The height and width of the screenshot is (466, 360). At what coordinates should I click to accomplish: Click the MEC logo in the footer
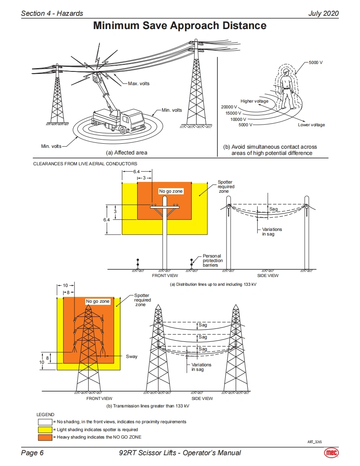[x=331, y=453]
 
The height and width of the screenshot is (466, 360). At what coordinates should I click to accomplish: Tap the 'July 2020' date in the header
[x=323, y=13]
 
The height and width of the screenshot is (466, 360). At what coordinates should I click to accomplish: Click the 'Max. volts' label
[x=138, y=83]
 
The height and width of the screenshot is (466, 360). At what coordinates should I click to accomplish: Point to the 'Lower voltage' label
[x=311, y=125]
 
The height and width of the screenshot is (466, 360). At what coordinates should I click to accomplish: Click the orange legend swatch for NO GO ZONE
[x=45, y=437]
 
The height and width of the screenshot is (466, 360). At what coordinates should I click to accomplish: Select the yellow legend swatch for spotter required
[x=45, y=429]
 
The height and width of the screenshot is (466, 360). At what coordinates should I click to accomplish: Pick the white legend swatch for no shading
[x=45, y=422]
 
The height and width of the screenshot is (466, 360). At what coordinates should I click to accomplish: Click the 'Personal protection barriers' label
[x=212, y=260]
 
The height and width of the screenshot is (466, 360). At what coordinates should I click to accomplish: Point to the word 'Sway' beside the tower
[x=131, y=356]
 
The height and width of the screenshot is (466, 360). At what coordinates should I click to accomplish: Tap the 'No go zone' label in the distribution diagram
[x=171, y=191]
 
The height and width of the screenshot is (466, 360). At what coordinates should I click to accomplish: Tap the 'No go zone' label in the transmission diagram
[x=98, y=301]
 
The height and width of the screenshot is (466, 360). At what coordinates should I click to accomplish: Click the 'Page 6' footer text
[x=32, y=453]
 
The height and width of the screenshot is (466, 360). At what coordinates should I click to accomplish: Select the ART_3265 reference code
[x=314, y=442]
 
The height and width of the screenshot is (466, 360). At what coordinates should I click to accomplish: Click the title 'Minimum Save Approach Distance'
[x=180, y=26]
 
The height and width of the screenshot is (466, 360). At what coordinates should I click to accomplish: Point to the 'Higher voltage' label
[x=254, y=101]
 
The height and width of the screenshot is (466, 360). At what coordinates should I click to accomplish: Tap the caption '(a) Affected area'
[x=126, y=152]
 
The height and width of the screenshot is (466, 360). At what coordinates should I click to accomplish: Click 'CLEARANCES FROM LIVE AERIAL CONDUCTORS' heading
[x=85, y=164]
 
